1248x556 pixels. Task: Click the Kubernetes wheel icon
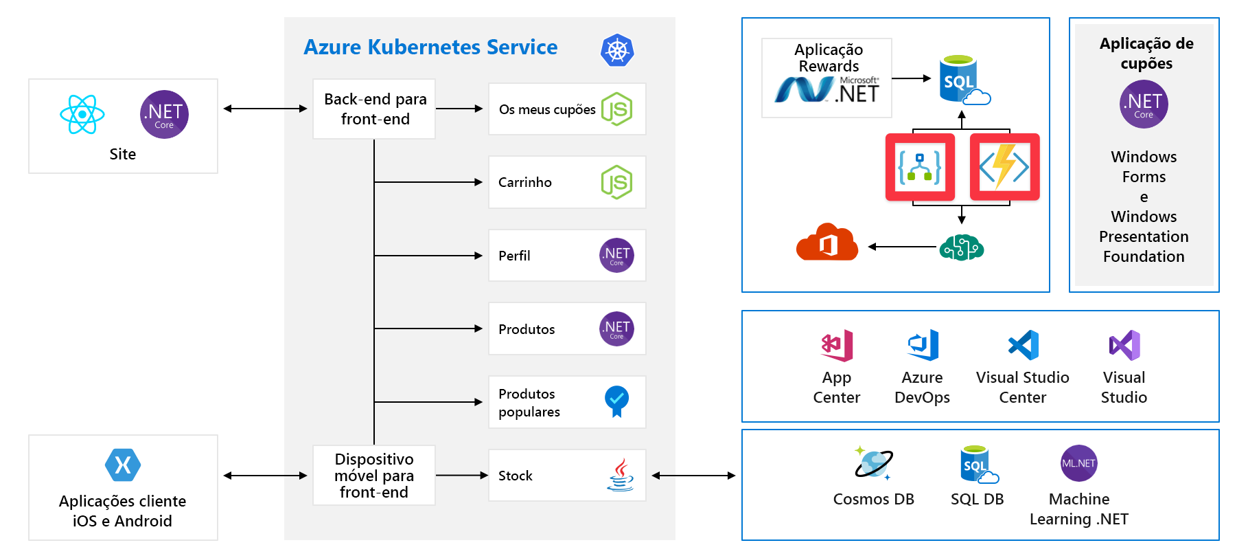click(616, 50)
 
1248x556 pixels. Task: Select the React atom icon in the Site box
click(82, 114)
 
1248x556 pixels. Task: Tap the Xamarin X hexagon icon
click(123, 465)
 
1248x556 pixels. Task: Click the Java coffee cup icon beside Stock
click(620, 475)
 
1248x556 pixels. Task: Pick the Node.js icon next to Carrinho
click(616, 182)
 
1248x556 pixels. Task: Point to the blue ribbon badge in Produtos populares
click(616, 401)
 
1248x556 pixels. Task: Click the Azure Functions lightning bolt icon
click(1004, 166)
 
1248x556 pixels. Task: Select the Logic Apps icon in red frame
click(920, 166)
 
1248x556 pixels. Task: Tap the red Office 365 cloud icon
click(827, 242)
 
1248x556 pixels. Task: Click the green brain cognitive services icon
click(961, 247)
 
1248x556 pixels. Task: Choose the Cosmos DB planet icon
click(873, 463)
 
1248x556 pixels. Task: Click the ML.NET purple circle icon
click(1078, 463)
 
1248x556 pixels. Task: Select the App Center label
click(836, 388)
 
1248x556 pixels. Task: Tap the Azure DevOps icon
click(923, 345)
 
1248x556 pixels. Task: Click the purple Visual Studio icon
click(1124, 345)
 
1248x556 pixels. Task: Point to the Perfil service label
click(514, 256)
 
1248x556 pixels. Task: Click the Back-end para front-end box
click(374, 109)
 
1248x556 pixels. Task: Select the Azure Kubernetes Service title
click(430, 47)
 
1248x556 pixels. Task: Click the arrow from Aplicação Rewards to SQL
click(912, 78)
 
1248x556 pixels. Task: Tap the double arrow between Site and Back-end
click(265, 109)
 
